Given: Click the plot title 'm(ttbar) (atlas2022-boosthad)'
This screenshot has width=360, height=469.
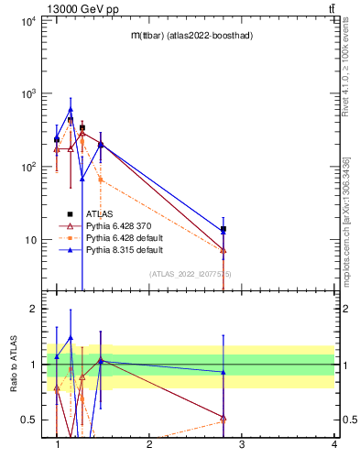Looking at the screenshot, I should (190, 35).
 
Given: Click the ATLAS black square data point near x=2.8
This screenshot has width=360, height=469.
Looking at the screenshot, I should (224, 229).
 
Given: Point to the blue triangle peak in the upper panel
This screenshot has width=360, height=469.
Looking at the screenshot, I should (71, 110).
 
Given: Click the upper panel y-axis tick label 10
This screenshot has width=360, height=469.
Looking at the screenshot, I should (29, 240).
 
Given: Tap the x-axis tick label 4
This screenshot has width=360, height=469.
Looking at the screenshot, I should (334, 445).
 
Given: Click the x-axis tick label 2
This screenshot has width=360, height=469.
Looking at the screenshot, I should (149, 445).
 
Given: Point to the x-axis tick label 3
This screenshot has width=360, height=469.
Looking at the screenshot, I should (242, 445).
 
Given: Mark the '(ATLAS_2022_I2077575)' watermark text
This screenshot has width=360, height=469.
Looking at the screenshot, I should (190, 274).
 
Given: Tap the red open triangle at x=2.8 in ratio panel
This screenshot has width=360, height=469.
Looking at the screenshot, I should (224, 419).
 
